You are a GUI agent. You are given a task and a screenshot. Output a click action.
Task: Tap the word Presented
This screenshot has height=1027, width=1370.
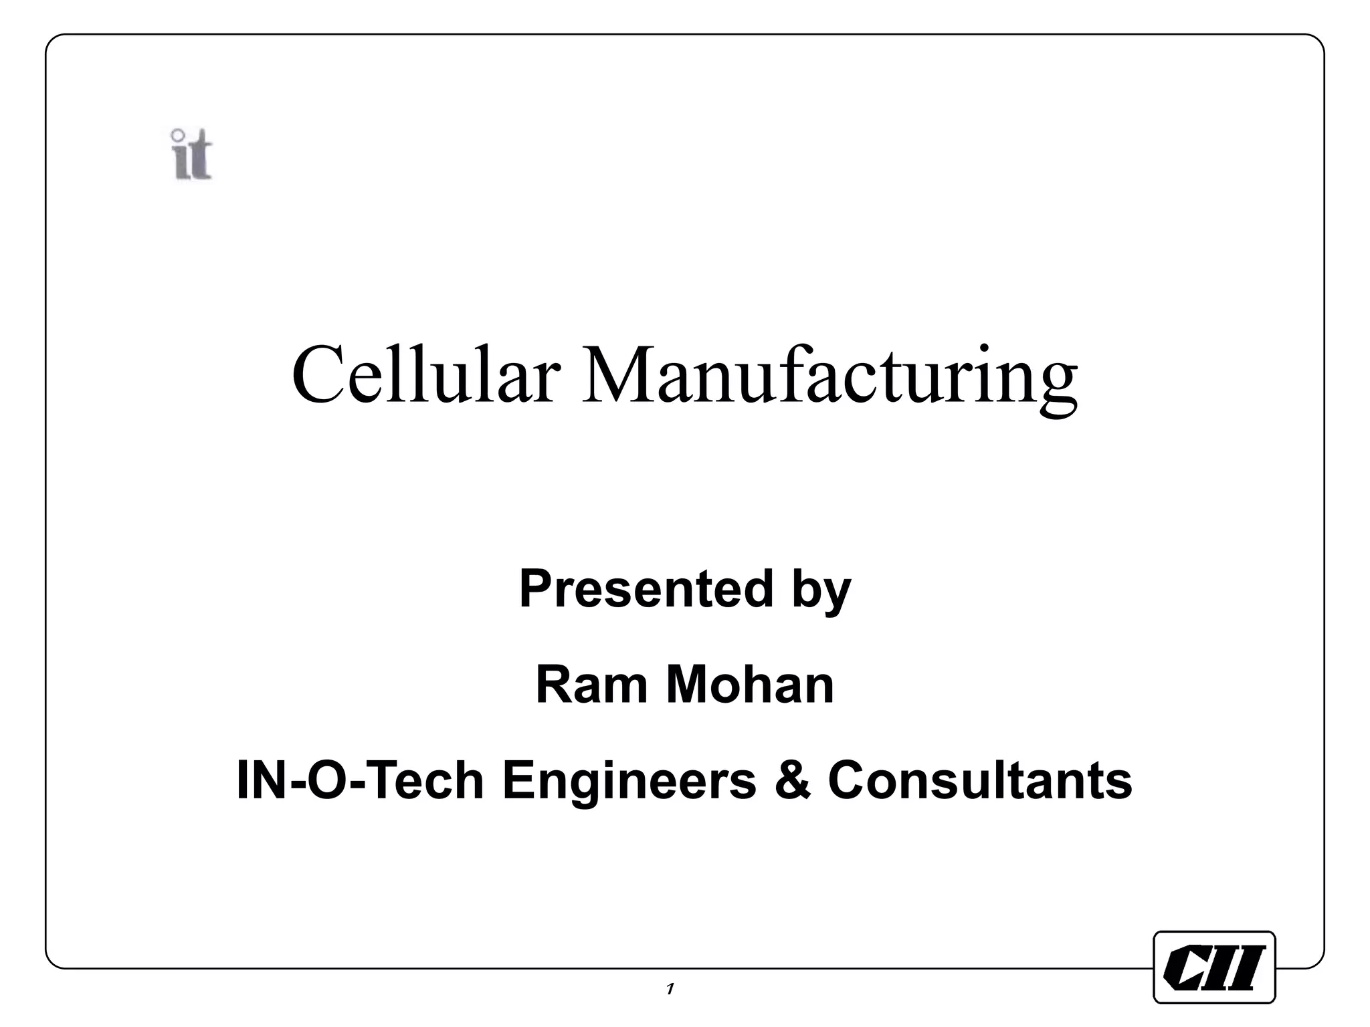646,589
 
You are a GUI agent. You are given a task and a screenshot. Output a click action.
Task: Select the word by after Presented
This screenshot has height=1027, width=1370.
821,592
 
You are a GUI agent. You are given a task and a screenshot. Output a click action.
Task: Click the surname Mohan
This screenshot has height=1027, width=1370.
750,685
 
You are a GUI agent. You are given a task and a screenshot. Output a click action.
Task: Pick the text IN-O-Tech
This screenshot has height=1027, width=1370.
360,780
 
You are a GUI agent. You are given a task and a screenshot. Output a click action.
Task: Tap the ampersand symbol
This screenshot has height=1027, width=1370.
793,780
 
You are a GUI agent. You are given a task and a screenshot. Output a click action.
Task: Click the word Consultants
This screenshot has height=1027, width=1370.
980,780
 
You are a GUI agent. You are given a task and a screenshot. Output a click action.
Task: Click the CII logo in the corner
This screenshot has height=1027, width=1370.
1214,967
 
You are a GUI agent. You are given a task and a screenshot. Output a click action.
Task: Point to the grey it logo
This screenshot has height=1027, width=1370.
192,155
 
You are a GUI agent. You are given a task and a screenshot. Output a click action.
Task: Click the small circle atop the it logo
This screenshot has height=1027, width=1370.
178,134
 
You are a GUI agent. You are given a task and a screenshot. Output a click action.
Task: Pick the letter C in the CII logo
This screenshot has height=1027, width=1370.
1186,967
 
